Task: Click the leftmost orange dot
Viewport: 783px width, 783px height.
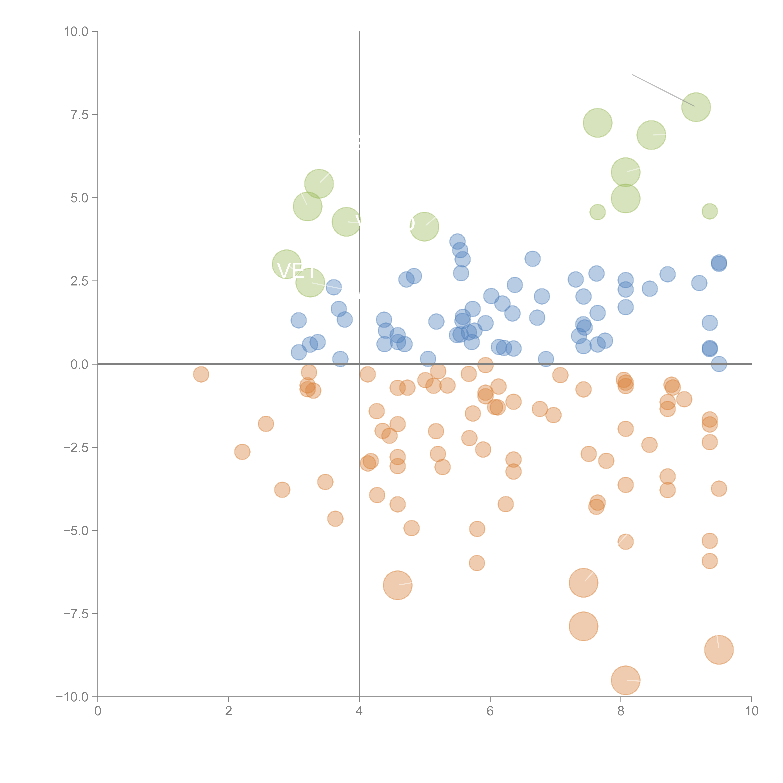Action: [201, 374]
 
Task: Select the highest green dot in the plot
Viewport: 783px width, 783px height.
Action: [696, 107]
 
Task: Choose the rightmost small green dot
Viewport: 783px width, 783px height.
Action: [709, 211]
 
